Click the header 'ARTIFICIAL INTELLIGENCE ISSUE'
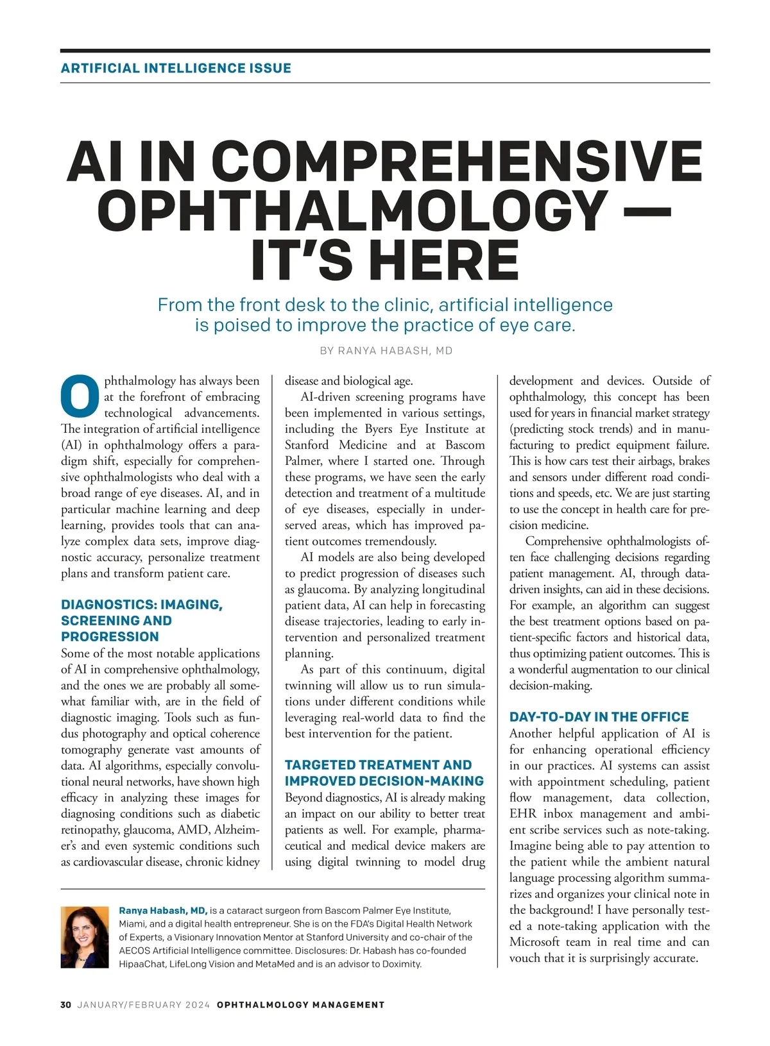coord(176,68)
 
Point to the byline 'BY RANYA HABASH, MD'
coord(386,351)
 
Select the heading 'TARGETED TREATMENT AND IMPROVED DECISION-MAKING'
coord(384,773)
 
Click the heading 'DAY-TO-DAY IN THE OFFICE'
coord(599,717)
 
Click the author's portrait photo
coord(85,937)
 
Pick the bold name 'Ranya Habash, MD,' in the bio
coord(163,911)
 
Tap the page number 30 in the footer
coord(65,1005)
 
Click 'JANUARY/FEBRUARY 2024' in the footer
coord(144,1005)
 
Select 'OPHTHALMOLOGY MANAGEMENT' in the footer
coord(300,1005)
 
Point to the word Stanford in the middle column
coord(307,445)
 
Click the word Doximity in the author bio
coord(401,964)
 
